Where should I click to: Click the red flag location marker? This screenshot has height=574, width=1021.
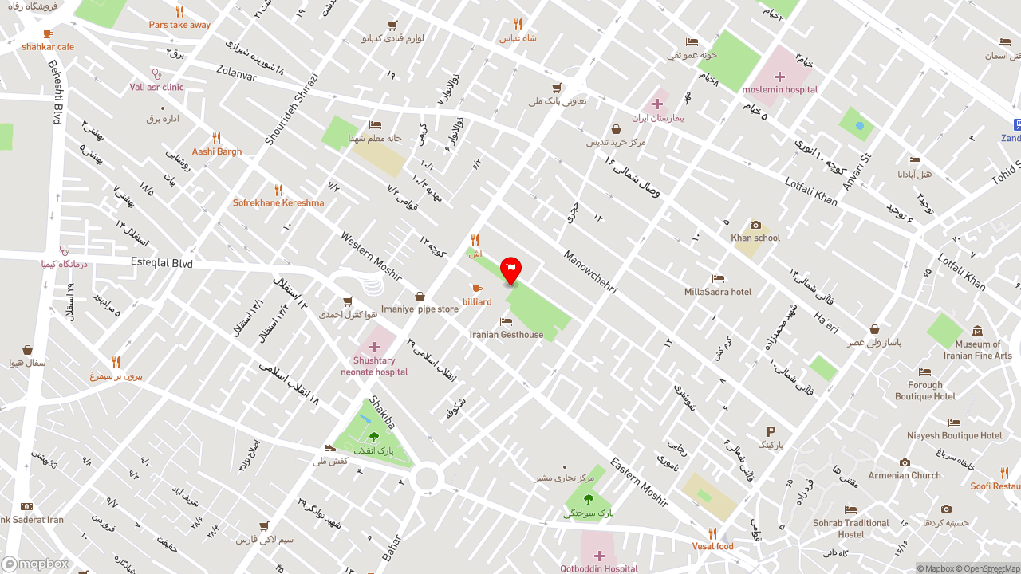coord(510,269)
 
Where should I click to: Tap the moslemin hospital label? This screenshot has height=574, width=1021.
coord(779,90)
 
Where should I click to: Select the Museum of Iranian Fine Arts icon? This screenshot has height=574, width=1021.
coord(977,332)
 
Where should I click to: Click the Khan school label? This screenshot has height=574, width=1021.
coord(755,238)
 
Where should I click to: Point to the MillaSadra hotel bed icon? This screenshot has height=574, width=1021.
coord(718,279)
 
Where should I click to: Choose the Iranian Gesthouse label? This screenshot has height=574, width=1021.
coord(506,335)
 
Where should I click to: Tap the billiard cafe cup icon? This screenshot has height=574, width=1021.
coord(477,289)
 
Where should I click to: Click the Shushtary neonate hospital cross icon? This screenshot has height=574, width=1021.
coord(374,347)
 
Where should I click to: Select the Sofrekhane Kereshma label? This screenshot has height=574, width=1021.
coord(278,203)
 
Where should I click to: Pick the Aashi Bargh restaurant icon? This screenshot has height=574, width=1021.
coord(216,139)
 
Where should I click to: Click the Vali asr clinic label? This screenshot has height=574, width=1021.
coord(156,88)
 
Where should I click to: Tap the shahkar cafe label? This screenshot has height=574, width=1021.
coord(48,47)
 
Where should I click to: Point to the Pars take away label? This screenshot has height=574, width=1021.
coord(179,25)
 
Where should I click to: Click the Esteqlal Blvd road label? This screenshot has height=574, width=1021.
coord(162,262)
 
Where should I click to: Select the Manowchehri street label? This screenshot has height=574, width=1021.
coord(589,273)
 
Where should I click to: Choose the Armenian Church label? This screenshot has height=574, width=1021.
coord(905,476)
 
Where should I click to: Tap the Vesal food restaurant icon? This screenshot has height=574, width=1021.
coord(712,533)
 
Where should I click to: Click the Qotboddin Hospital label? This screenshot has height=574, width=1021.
coord(598,568)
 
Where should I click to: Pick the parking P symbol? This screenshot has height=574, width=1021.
coord(771,431)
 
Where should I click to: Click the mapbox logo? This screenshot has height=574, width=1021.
coord(35,564)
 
